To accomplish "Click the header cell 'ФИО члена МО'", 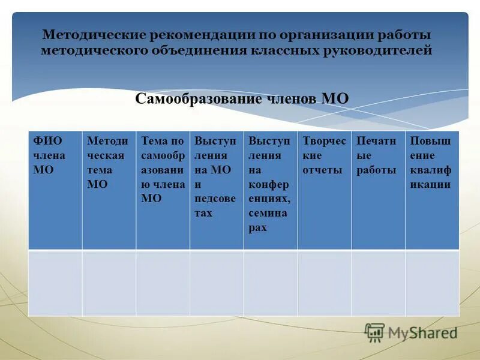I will click(55, 190).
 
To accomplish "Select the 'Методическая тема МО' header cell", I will click(109, 190).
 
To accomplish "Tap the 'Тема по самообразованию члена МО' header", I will click(163, 190).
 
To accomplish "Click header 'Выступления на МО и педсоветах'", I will click(217, 190).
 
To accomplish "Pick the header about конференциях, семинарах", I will click(271, 190).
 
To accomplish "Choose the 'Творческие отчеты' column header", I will click(325, 190).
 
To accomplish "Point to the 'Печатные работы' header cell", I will click(378, 190).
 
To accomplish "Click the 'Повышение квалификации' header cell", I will click(432, 190).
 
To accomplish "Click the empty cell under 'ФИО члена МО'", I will click(55, 283).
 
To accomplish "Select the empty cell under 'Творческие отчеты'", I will click(325, 283).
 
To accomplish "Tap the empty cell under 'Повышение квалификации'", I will click(432, 283).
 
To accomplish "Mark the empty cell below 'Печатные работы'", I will click(378, 283).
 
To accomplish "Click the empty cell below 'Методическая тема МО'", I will click(109, 283).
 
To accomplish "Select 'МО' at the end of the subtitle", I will click(335, 99).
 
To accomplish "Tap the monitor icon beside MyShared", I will click(374, 332).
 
